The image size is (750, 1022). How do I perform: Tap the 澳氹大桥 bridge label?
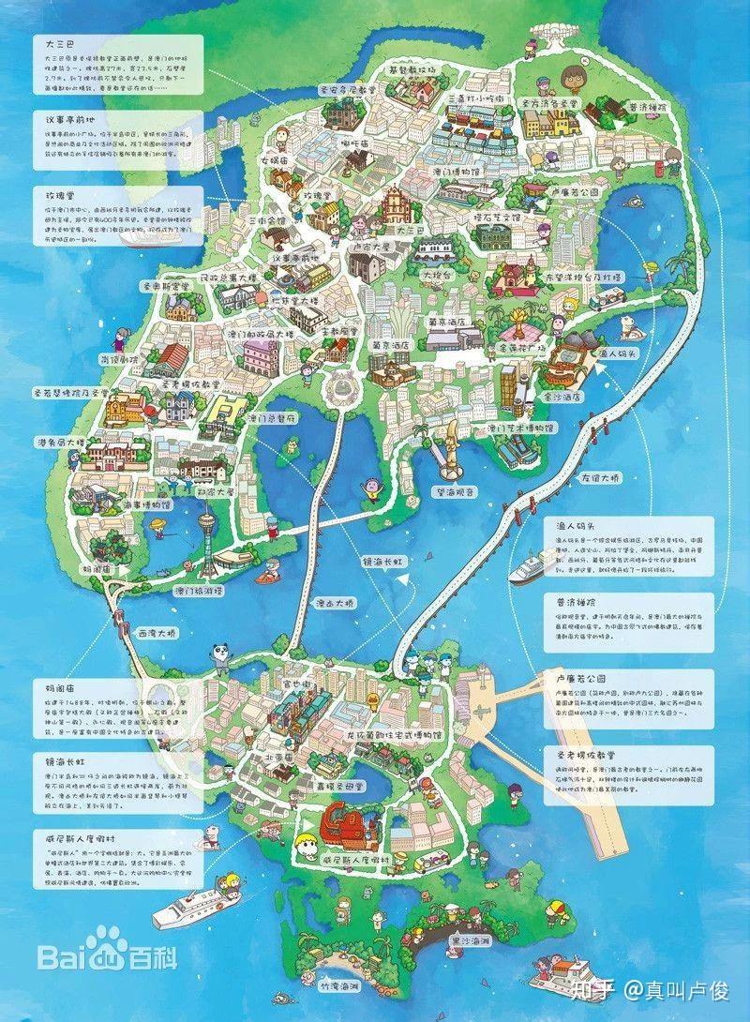tap(335, 603)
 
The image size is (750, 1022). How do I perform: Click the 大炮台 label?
tap(436, 276)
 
